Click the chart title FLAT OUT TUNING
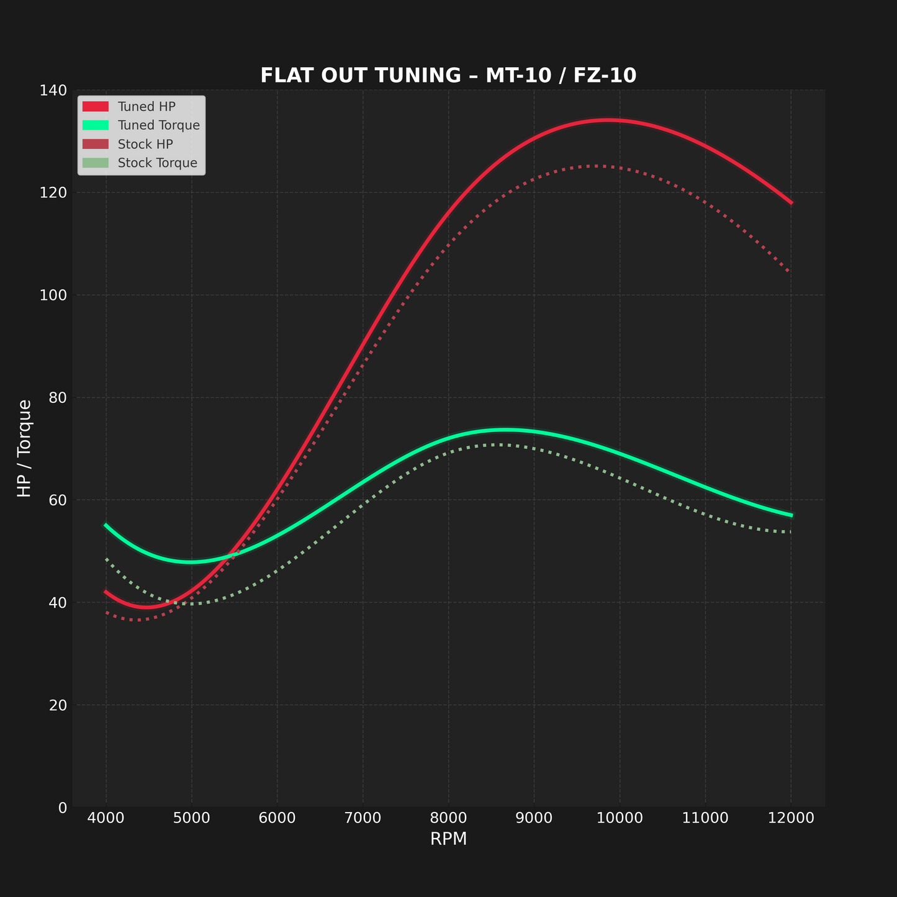coord(448,76)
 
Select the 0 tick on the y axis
coord(63,808)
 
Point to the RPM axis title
coord(448,839)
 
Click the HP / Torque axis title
coord(25,448)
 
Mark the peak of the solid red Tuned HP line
coord(608,120)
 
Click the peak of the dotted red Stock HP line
coord(596,166)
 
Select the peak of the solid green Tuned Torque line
coord(506,430)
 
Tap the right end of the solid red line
coord(791,202)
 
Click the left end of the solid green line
coord(106,525)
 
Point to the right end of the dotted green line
coord(790,532)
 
